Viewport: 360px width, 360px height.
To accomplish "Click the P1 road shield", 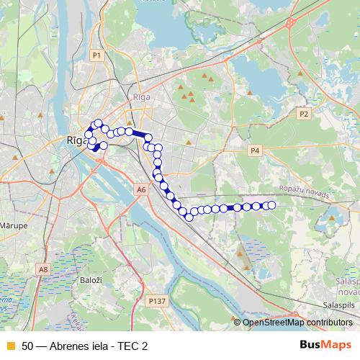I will [x=96, y=55].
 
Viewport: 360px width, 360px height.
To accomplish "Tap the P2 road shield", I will [x=304, y=114].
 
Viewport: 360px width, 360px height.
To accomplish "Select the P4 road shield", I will [x=254, y=150].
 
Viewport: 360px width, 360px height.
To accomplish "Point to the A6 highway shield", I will [x=141, y=189].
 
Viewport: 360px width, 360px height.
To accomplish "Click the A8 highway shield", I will [x=44, y=269].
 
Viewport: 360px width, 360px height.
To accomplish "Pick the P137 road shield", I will [x=155, y=300].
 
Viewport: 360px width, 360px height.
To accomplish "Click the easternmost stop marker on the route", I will [x=271, y=205].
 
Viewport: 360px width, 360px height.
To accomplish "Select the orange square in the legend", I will [x=10, y=346].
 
